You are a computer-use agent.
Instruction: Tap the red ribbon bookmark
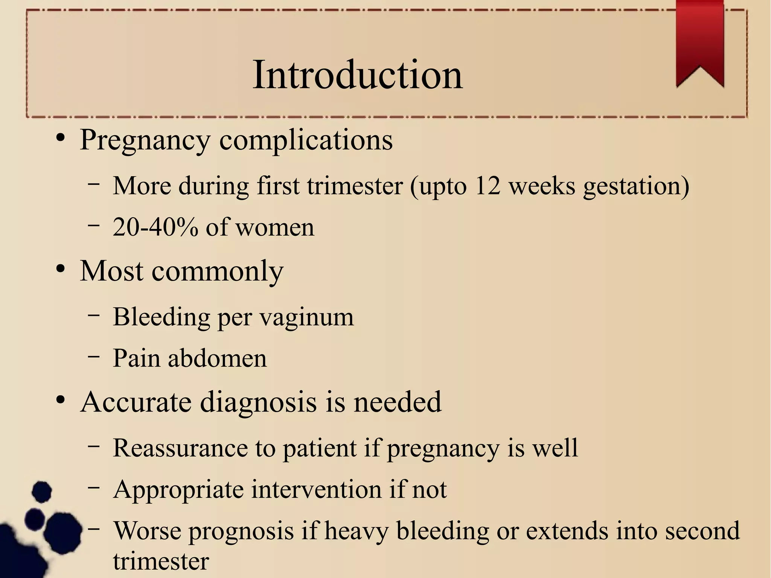pyautogui.click(x=700, y=41)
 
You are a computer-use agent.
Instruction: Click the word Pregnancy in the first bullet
pyautogui.click(x=145, y=140)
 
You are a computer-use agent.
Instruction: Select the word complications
pyautogui.click(x=306, y=140)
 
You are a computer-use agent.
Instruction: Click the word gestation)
pyautogui.click(x=636, y=186)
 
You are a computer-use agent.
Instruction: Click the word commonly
pyautogui.click(x=217, y=271)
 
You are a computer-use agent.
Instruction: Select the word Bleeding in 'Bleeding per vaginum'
pyautogui.click(x=162, y=317)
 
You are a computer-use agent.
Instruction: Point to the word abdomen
pyautogui.click(x=217, y=358)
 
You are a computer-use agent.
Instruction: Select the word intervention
pyautogui.click(x=317, y=490)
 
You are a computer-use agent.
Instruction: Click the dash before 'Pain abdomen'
pyautogui.click(x=94, y=355)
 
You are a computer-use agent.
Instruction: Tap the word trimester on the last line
pyautogui.click(x=161, y=561)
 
